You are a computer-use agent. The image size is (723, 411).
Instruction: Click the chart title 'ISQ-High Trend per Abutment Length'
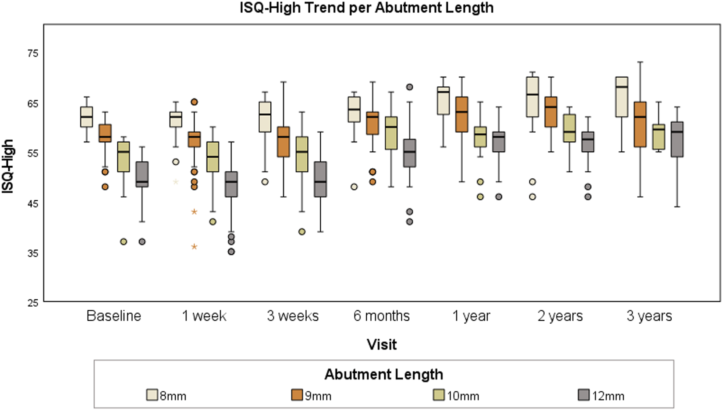coord(366,8)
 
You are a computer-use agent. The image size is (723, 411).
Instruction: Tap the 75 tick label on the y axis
coord(33,53)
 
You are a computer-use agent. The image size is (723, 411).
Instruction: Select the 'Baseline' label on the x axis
coord(114,316)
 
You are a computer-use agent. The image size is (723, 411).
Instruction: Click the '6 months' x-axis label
coord(382,316)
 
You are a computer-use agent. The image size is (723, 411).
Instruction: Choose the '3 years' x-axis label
coord(649,316)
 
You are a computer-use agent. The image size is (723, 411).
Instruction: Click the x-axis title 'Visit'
coord(382,344)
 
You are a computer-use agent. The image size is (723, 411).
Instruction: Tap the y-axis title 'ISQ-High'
coord(7,166)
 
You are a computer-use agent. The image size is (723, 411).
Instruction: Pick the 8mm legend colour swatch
coord(152,395)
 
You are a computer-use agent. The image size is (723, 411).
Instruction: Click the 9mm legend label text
coord(318,396)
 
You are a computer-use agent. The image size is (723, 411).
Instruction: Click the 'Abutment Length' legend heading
coord(384,375)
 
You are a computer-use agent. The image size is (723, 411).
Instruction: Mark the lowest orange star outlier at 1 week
coord(194,247)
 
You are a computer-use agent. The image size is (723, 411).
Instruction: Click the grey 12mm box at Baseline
coord(142,174)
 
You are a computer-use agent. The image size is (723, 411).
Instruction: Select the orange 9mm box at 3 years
coord(640,124)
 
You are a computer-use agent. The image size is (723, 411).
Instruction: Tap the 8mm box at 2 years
coord(532,97)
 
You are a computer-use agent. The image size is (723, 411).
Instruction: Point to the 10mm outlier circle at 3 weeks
coord(302,232)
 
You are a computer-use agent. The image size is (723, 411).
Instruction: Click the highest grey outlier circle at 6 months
coord(410,87)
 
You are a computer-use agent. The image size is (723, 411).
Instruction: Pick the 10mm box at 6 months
coord(391,133)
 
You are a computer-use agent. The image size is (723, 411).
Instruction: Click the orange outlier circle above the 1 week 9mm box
coord(194,102)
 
